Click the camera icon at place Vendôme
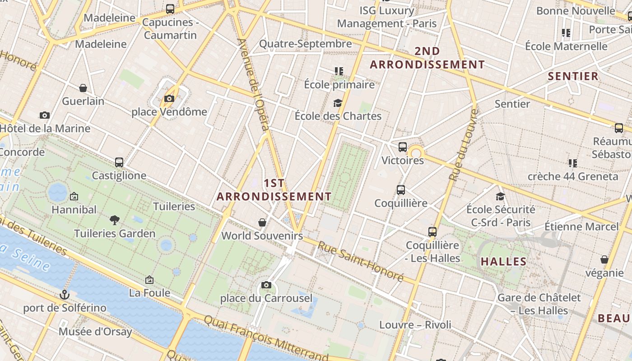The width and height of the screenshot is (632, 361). (x=169, y=99)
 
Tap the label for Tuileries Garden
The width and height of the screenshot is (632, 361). (x=115, y=233)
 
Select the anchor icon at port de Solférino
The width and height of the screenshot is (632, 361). (x=65, y=295)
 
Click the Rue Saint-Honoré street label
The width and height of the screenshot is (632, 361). (x=360, y=261)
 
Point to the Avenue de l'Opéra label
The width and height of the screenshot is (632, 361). (x=254, y=84)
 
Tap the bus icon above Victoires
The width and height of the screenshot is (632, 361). (x=402, y=147)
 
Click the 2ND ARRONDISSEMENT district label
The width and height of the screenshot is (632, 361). (x=427, y=58)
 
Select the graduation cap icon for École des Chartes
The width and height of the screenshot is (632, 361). (x=338, y=103)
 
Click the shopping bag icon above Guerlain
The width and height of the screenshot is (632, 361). (x=83, y=88)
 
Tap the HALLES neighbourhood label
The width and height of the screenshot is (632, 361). (x=503, y=261)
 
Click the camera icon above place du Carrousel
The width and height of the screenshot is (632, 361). (x=266, y=285)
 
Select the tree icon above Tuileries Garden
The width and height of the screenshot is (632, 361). (x=115, y=220)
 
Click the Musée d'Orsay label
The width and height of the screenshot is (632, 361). (x=95, y=332)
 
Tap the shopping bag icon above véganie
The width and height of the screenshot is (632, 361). (x=604, y=259)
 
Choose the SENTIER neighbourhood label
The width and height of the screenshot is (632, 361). (x=573, y=76)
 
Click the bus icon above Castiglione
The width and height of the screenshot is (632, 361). (x=119, y=162)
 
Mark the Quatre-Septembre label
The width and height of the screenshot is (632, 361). (x=305, y=44)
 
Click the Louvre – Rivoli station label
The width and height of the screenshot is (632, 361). (x=415, y=324)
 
